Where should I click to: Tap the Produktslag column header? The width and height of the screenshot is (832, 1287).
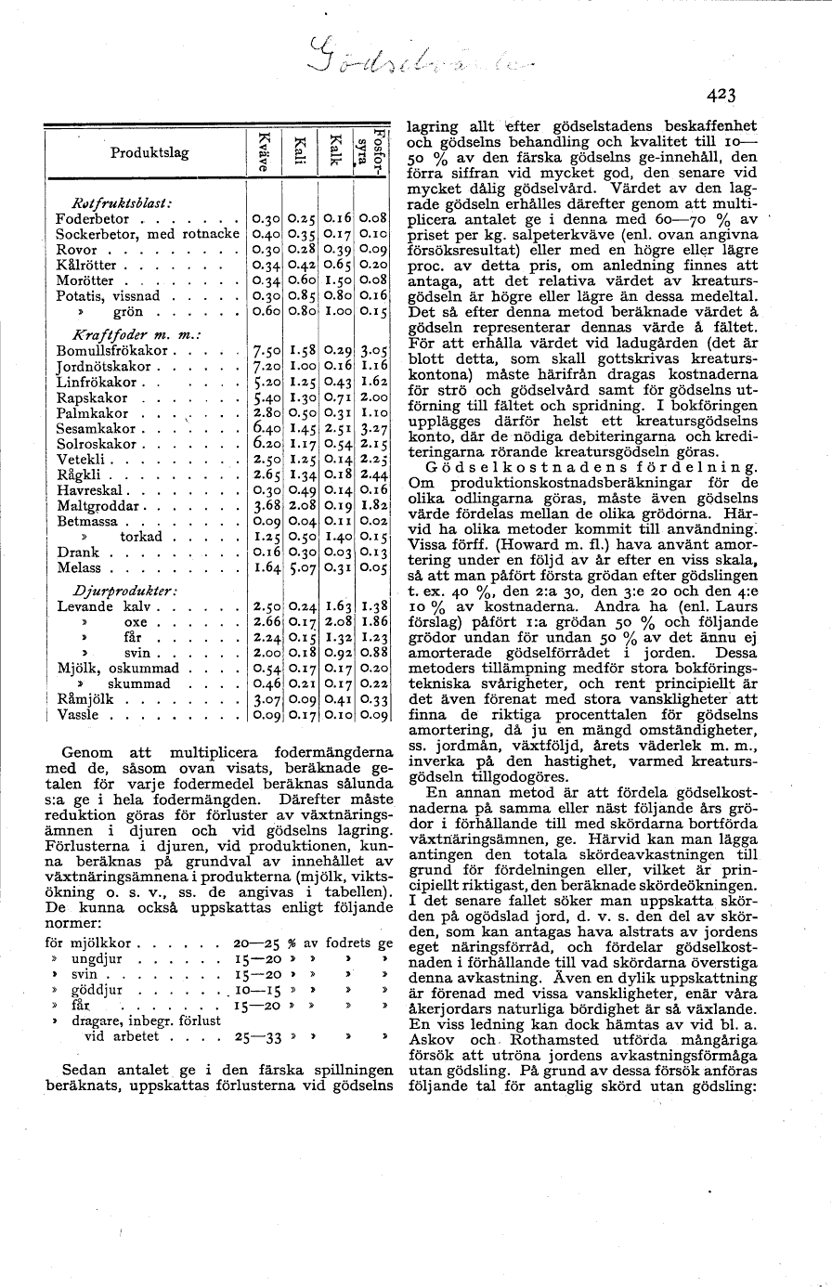(149, 152)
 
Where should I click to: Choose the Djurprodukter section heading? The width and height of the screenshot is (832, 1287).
(124, 591)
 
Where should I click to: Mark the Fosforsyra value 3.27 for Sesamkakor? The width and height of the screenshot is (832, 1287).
(373, 429)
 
